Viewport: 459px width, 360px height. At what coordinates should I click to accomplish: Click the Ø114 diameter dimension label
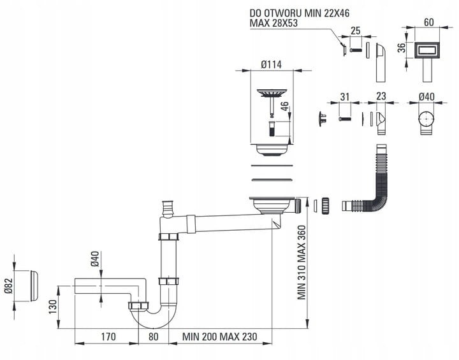(x=272, y=64)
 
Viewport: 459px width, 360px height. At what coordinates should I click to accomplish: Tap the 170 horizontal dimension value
(x=108, y=336)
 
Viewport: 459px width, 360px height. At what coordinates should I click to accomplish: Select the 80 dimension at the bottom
(x=154, y=336)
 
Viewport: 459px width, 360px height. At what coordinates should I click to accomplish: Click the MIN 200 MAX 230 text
(x=219, y=336)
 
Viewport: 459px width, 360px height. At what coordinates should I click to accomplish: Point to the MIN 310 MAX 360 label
(x=302, y=263)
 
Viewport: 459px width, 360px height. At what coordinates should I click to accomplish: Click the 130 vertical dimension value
(x=53, y=306)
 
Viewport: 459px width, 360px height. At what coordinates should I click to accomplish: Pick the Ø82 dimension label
(x=9, y=285)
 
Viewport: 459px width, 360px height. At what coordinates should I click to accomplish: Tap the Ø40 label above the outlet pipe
(x=96, y=259)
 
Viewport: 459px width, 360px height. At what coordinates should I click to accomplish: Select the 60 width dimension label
(x=428, y=22)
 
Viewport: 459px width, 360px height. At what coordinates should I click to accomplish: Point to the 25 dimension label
(x=355, y=31)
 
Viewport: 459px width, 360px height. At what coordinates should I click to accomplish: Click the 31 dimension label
(x=345, y=97)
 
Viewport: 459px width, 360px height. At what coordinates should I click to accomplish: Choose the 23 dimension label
(x=381, y=96)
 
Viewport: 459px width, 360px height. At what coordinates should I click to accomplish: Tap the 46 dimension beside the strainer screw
(x=284, y=107)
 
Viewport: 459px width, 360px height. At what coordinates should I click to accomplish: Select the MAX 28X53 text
(x=273, y=23)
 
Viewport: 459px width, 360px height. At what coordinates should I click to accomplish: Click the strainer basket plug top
(x=272, y=93)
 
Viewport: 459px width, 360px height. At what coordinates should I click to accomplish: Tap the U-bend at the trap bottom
(x=154, y=317)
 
